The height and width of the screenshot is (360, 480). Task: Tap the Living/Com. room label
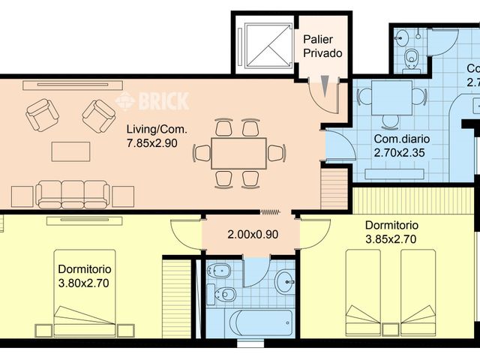tap(157, 129)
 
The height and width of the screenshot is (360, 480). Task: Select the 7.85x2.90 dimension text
tap(151, 143)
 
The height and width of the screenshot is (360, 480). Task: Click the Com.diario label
tap(397, 139)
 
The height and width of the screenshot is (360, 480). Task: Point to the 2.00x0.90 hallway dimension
tap(253, 234)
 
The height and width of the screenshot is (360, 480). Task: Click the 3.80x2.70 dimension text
tap(85, 283)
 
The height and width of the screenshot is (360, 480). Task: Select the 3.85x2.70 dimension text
tap(391, 239)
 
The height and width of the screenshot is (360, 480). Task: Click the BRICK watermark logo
tap(153, 100)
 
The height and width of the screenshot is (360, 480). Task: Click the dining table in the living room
tap(238, 153)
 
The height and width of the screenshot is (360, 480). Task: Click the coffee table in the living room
tap(70, 151)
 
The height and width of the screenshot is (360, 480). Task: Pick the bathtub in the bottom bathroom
tap(261, 323)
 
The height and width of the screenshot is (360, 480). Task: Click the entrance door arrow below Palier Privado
tap(324, 84)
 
